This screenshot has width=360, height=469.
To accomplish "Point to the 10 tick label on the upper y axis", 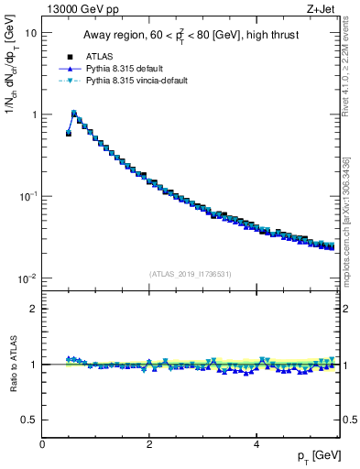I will (x=30, y=33).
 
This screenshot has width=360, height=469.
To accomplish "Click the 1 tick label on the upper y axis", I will (x=33, y=115).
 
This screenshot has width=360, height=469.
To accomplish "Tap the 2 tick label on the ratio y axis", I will (x=33, y=309).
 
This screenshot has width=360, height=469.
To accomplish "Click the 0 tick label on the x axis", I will (x=42, y=444).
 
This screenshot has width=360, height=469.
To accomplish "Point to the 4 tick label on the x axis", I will (x=256, y=444).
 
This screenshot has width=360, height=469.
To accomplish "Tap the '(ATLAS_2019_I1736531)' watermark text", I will (x=191, y=274).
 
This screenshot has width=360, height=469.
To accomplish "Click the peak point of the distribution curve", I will (x=74, y=114).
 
